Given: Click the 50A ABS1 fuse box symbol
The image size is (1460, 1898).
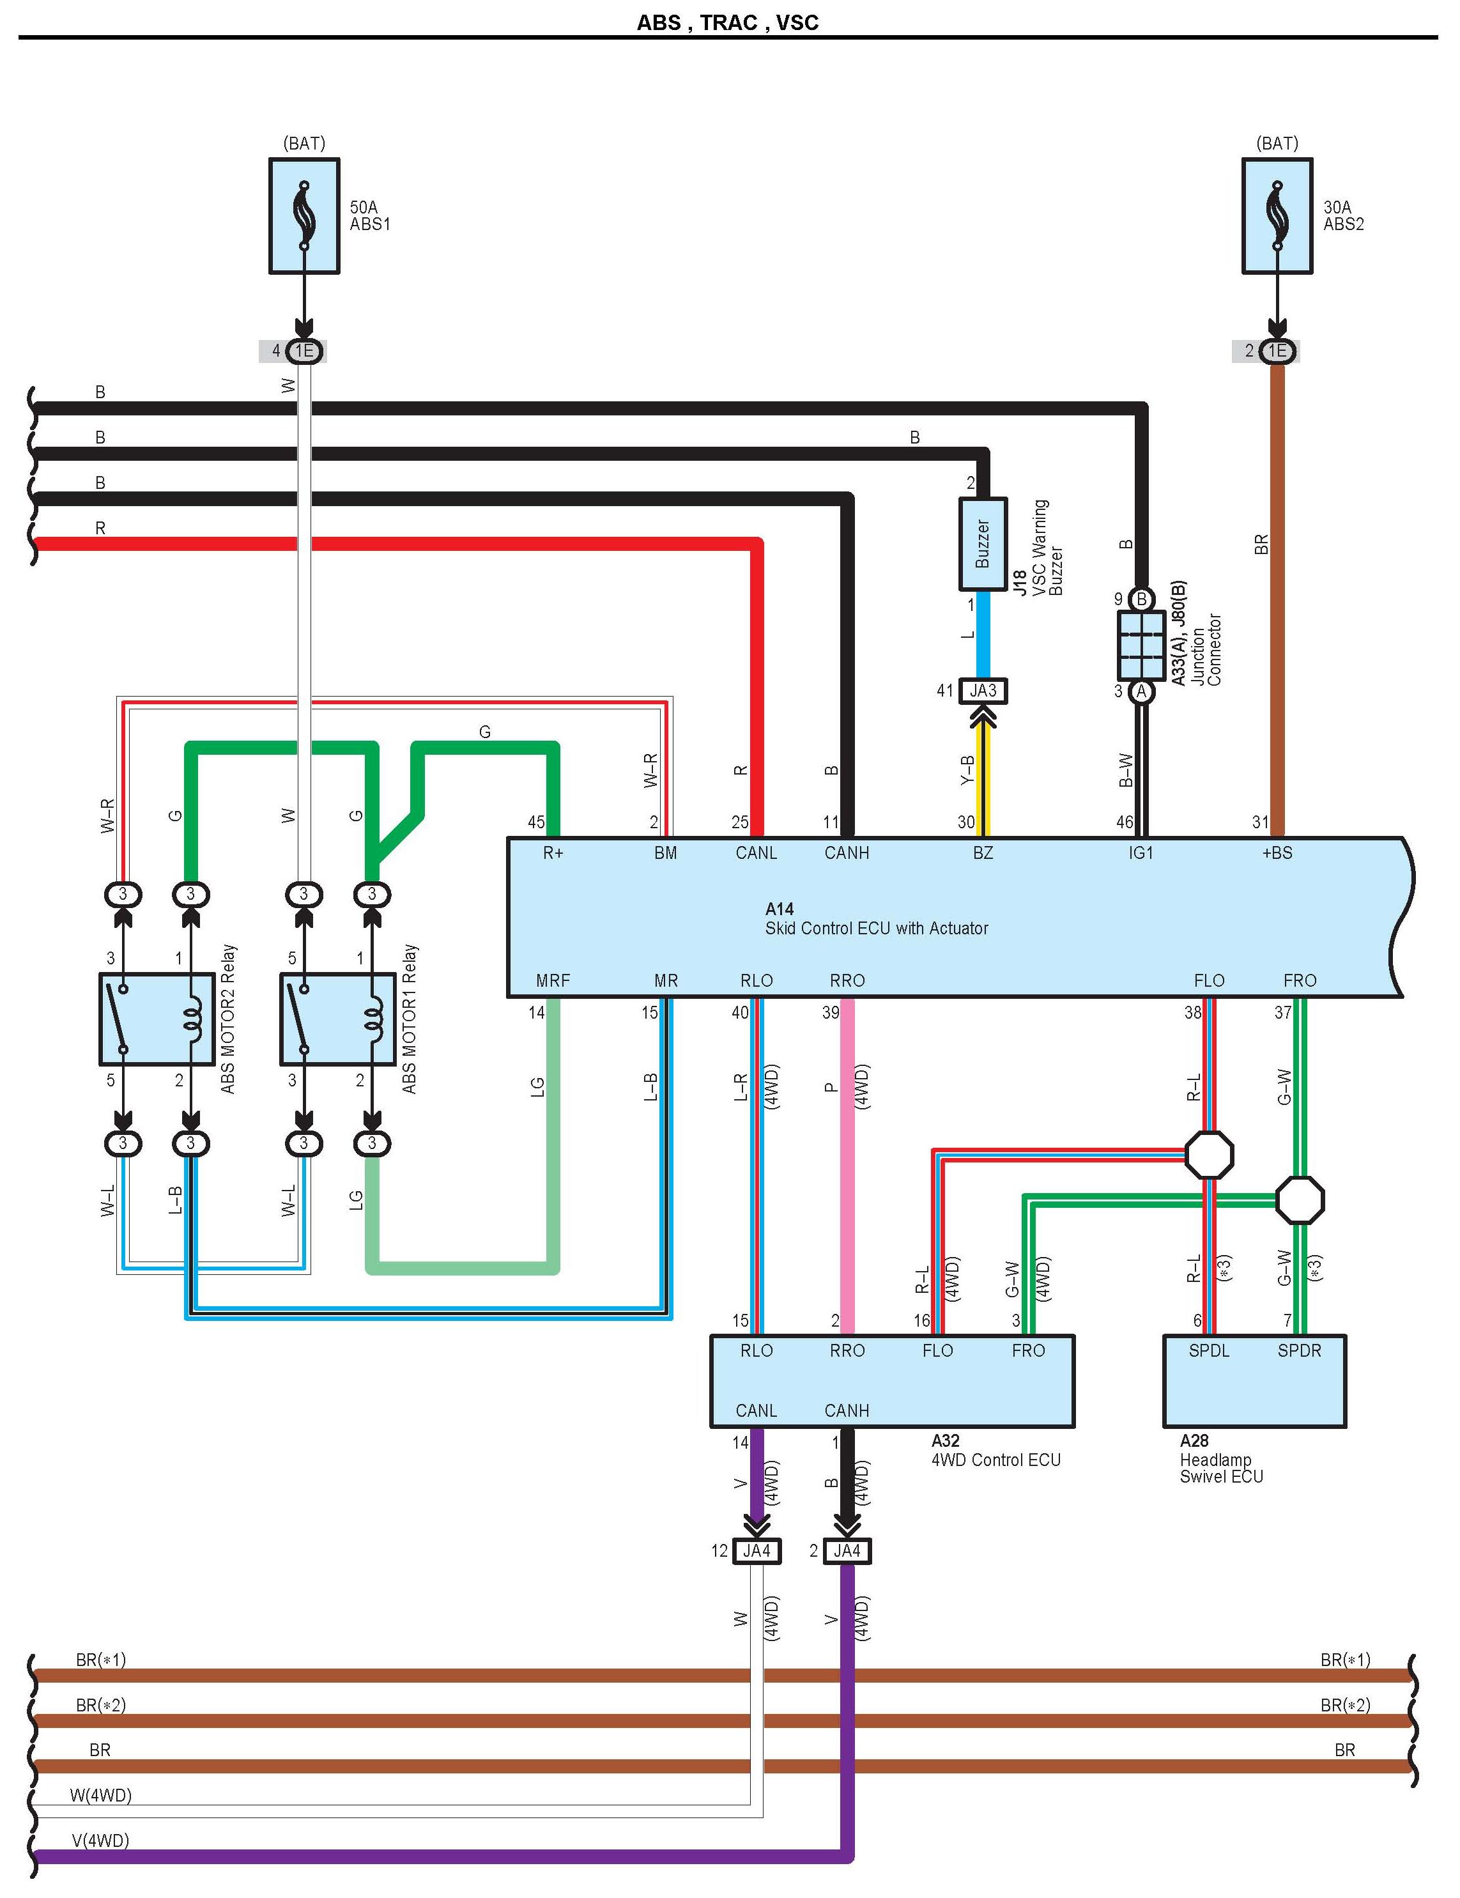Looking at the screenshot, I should [304, 215].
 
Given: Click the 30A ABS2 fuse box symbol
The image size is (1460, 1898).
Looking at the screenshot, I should [1277, 215].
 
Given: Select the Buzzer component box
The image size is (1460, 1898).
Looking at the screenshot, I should [983, 544].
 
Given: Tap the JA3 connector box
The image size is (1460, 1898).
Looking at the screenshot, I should [983, 691].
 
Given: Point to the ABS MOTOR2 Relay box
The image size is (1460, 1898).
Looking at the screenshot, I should [157, 1019].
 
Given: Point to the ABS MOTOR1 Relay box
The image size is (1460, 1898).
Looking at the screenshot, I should [338, 1019].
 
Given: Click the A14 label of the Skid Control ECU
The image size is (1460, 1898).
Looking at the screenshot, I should [780, 909].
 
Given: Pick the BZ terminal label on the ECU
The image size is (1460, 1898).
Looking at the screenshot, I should [983, 853].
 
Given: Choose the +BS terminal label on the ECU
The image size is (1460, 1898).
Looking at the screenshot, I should [1277, 853].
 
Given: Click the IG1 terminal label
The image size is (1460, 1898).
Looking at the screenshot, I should [1141, 853].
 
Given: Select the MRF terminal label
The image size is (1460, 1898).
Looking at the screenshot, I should [553, 981].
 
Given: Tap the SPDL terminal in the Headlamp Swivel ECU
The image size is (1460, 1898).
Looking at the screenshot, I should [1209, 1350].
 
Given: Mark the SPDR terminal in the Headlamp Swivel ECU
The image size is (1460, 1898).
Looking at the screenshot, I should [1299, 1350].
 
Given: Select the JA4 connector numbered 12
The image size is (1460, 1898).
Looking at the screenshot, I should [757, 1551].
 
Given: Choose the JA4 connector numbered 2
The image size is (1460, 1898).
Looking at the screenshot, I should [847, 1551].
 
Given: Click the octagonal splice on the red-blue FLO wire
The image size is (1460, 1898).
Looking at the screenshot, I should [1209, 1155].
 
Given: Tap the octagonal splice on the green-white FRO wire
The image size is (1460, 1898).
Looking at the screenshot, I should [1299, 1200].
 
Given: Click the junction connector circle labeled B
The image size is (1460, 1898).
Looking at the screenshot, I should [1142, 599].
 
